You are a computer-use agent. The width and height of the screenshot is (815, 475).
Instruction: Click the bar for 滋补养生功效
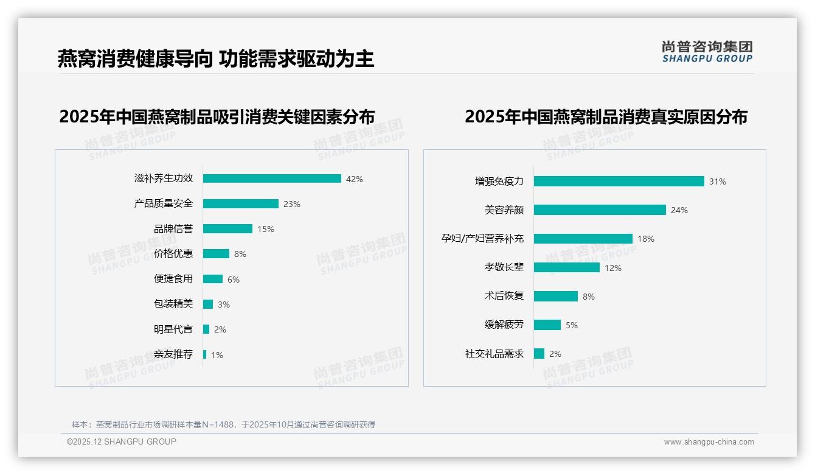point(272,178)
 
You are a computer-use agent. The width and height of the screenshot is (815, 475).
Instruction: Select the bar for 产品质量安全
point(241,203)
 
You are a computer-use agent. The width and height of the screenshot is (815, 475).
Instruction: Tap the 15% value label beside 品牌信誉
point(266,229)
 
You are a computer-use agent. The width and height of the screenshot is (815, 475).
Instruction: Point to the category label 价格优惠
point(173,254)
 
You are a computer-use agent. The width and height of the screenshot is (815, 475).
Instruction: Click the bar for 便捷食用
point(213,279)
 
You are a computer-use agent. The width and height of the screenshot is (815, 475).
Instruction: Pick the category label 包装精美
point(173,304)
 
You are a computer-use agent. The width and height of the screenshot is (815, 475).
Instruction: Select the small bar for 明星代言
point(206,329)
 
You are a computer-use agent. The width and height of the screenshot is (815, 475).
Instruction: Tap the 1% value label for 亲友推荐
point(217,355)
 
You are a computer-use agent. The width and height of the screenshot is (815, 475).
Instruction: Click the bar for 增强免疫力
point(619,181)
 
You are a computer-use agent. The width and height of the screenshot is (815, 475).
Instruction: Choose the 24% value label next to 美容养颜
point(679,210)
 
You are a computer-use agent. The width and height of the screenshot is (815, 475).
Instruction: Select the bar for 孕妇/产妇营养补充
point(583,239)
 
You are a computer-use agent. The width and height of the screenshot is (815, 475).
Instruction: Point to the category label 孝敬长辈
point(504,267)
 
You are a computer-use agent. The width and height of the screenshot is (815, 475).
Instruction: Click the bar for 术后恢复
point(556,296)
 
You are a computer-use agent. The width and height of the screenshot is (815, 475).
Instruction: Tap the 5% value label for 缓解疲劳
point(572,325)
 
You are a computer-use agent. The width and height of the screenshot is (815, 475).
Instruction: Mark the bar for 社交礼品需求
point(539,353)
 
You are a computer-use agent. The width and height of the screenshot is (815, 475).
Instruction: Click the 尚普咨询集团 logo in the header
point(707,52)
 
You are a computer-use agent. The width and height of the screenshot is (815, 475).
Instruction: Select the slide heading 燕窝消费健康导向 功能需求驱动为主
point(216,58)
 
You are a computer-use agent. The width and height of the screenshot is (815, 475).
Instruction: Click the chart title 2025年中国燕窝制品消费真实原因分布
point(606,116)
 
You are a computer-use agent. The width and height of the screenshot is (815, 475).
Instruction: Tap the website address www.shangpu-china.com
point(709,442)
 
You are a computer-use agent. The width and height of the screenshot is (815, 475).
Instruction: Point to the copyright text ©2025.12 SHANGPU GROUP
point(122,442)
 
